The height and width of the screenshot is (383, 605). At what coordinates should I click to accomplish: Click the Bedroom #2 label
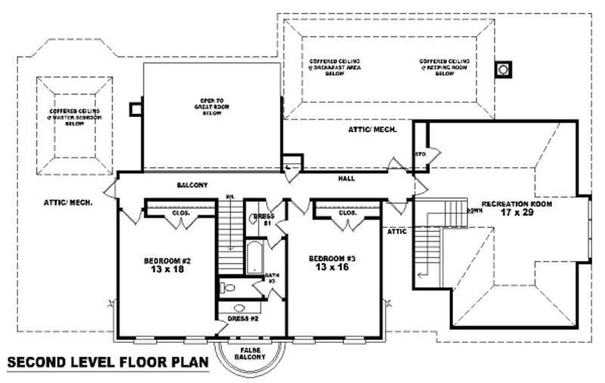tap(167, 266)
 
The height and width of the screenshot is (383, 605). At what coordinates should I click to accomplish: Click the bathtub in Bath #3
tap(255, 257)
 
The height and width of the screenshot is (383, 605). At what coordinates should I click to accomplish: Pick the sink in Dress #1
tap(254, 221)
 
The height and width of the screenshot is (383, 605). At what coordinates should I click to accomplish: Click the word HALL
tap(347, 179)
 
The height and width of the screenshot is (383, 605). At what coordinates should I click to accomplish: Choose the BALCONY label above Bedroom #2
tap(192, 185)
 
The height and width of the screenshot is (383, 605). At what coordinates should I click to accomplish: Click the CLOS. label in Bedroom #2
tap(181, 213)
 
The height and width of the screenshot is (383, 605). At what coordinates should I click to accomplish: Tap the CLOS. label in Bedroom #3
tap(347, 213)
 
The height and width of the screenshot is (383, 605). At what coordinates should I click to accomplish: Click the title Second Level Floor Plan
tap(107, 363)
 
